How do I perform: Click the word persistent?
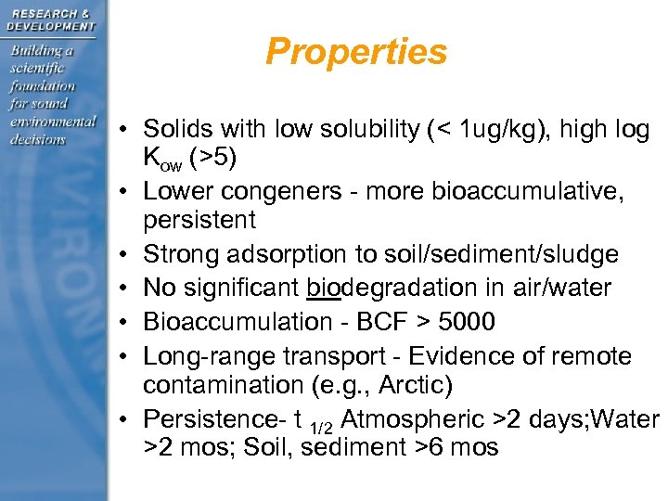point(199,220)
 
